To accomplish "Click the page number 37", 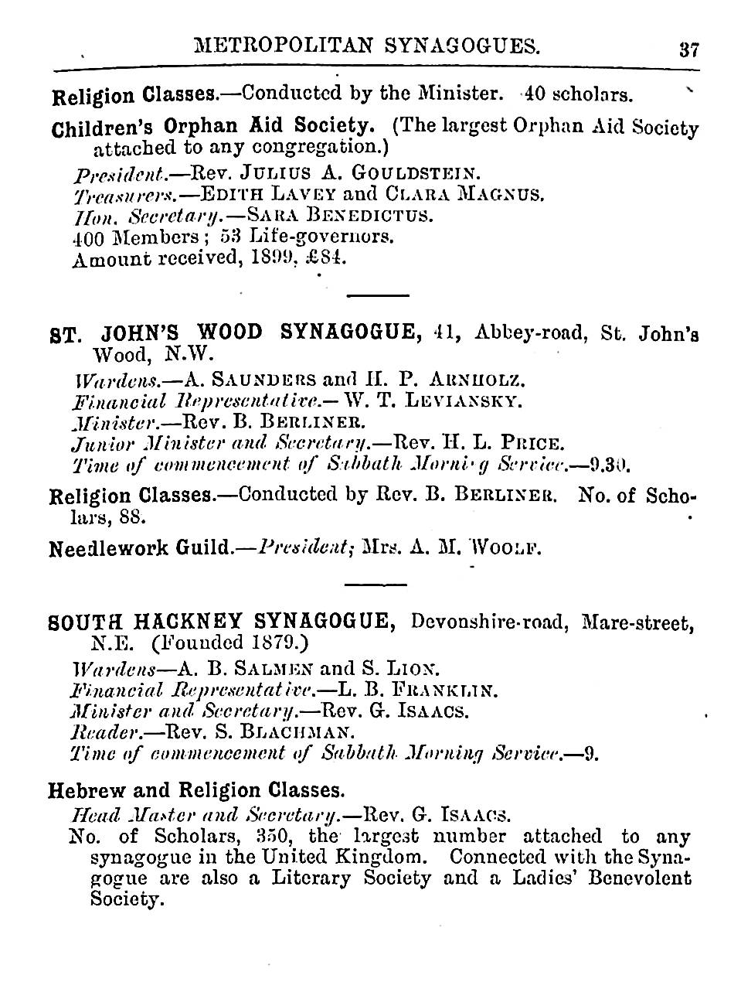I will (688, 49).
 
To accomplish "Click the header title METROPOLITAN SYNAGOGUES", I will (367, 46).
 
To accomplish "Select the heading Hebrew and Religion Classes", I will (195, 790).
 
